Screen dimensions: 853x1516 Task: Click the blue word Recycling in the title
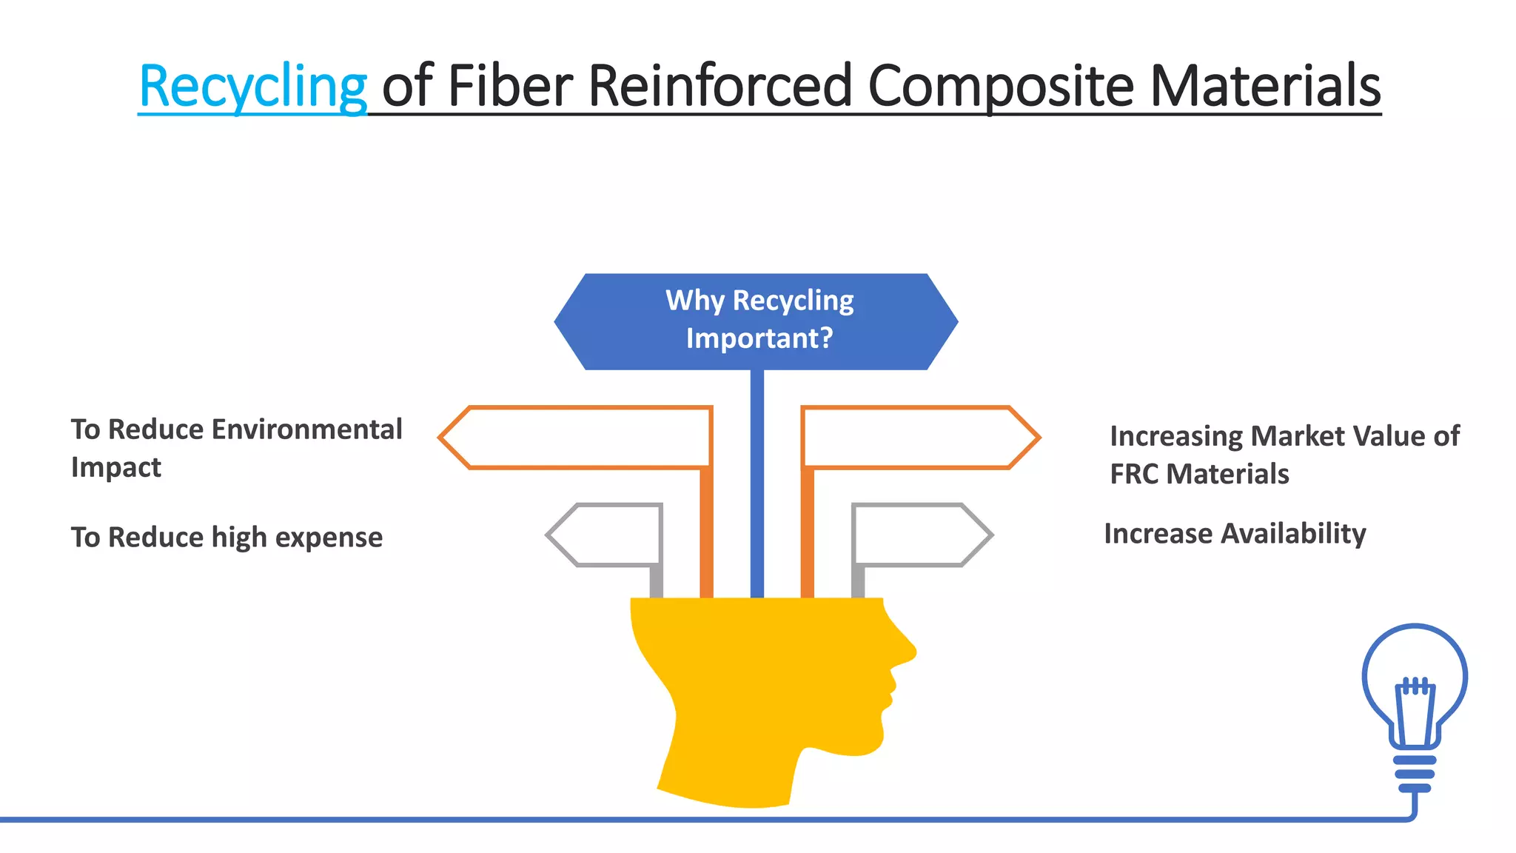click(252, 87)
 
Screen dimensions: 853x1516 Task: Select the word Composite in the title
click(1000, 87)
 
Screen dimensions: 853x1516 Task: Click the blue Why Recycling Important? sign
click(756, 321)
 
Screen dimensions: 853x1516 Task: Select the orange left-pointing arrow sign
click(577, 438)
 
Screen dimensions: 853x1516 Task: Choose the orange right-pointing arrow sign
click(918, 438)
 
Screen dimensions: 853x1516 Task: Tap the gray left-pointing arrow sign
click(607, 535)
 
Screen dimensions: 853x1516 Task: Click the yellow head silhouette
click(762, 696)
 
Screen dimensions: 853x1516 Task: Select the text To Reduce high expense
click(227, 538)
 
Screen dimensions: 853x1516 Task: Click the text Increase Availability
click(1235, 534)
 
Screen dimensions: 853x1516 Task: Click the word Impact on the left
click(116, 468)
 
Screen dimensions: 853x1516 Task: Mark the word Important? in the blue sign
click(759, 338)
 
